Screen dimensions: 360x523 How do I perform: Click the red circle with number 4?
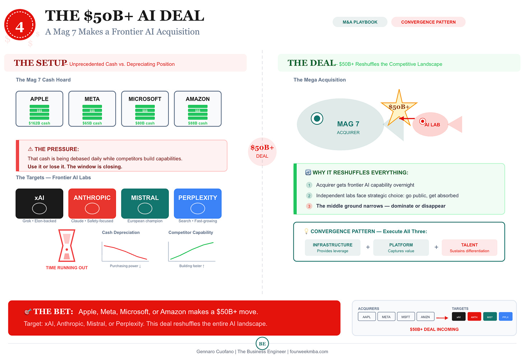coord(20,26)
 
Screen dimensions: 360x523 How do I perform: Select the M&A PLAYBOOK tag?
coord(360,22)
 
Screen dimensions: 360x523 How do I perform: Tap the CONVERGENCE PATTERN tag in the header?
coord(428,22)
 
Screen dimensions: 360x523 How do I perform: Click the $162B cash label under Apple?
coord(40,123)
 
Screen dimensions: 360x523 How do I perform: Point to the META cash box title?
coord(92,99)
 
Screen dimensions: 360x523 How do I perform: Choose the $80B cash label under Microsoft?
coord(145,123)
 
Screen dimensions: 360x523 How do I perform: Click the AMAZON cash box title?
coord(198,99)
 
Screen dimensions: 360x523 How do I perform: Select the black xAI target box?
coord(40,203)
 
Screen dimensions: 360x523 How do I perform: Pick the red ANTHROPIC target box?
coord(92,203)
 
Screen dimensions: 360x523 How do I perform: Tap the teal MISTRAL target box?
coord(145,203)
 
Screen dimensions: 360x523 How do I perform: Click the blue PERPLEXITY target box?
coord(198,203)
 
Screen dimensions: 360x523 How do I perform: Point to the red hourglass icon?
coord(67,246)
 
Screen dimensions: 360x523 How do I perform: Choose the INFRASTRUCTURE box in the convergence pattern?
coord(333,248)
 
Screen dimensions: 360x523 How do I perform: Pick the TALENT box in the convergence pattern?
coord(469,248)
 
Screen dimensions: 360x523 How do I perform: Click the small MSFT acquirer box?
coord(406,317)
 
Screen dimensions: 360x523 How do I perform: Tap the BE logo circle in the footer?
coord(262,344)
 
